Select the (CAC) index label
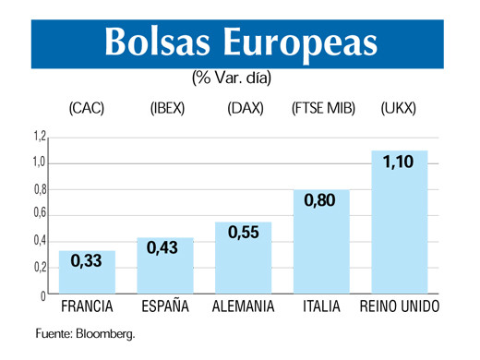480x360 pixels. click(x=87, y=109)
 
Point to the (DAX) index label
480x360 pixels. click(x=246, y=109)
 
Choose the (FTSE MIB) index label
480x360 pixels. click(x=322, y=109)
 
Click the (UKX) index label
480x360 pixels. click(x=399, y=109)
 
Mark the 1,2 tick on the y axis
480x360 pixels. click(x=40, y=137)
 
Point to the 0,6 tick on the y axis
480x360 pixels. click(x=40, y=215)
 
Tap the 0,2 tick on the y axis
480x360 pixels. click(x=40, y=268)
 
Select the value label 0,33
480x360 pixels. click(x=87, y=263)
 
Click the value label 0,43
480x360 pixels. click(x=166, y=250)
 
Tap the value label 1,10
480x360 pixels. click(x=399, y=163)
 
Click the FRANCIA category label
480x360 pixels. click(x=87, y=306)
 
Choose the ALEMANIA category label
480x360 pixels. click(x=244, y=306)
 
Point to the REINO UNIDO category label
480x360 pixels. click(x=400, y=306)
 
